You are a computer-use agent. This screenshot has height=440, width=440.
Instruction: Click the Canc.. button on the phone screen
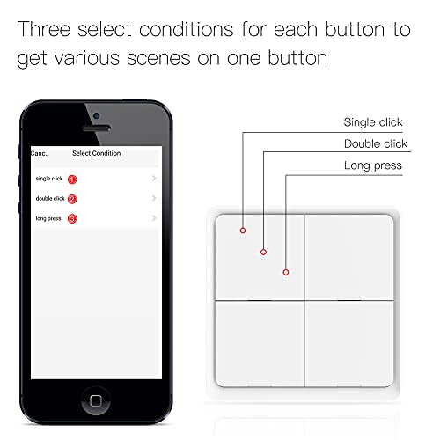point(39,153)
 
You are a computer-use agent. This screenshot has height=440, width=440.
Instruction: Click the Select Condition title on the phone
point(96,153)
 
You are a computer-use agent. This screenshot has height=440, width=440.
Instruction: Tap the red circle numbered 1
point(72,180)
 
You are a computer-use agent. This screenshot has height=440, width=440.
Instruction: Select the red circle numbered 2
point(72,199)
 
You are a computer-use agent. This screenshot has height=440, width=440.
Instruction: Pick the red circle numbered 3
point(72,218)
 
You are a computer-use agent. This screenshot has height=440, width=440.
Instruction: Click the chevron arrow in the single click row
point(153,179)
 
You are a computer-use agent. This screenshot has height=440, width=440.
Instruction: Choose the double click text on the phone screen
point(49,199)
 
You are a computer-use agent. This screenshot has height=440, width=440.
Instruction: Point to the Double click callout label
point(375,143)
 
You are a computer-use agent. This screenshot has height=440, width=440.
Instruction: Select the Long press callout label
point(373,165)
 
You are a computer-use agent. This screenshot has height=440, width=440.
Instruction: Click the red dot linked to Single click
point(242,231)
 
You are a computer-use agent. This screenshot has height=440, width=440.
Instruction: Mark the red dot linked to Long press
point(286,272)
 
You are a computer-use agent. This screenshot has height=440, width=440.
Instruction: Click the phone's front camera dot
point(95,115)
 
